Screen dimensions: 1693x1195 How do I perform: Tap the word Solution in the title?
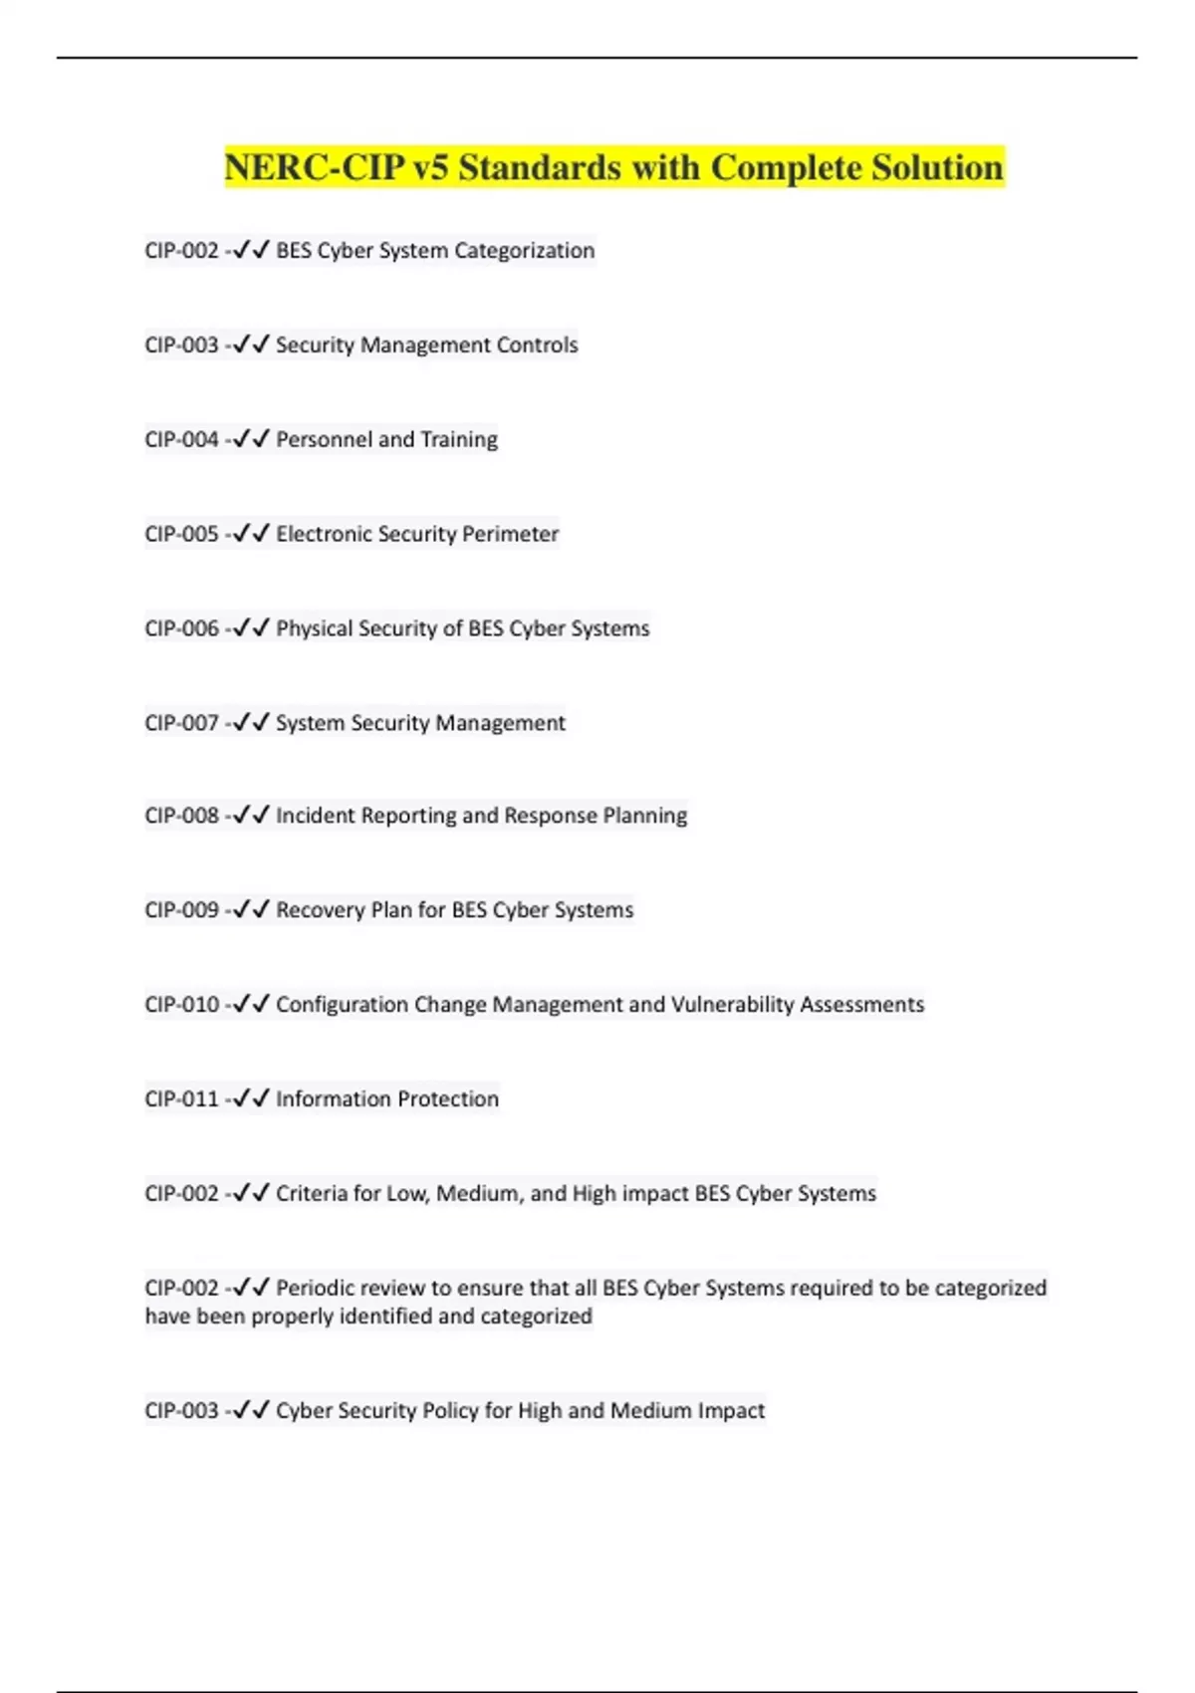(x=937, y=167)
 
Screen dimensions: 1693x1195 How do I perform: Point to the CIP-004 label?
(x=181, y=439)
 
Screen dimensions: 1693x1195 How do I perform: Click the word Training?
(x=458, y=439)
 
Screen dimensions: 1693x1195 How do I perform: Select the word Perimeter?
(x=510, y=534)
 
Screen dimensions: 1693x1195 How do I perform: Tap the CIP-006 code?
(x=181, y=628)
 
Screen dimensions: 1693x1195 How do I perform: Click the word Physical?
(x=314, y=628)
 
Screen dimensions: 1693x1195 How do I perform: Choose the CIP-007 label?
(x=181, y=723)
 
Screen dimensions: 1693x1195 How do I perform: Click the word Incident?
(x=315, y=816)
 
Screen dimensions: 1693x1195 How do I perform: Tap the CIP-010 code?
(x=181, y=1005)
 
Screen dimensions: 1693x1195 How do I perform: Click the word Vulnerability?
(x=732, y=1005)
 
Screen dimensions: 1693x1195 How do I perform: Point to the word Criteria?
(x=308, y=1193)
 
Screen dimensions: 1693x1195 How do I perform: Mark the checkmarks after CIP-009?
(x=251, y=909)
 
